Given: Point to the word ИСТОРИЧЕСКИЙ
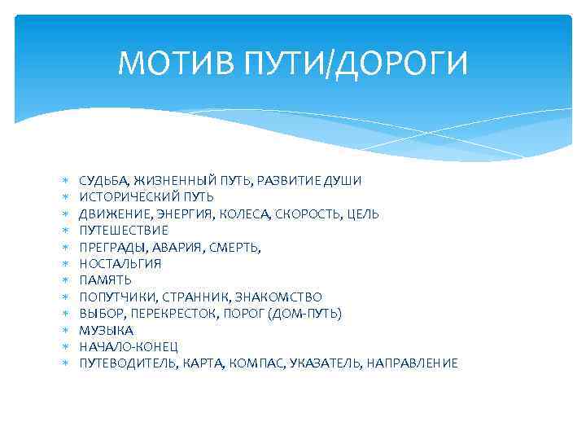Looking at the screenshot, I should (121, 197).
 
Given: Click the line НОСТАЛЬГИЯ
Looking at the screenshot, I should (120, 264).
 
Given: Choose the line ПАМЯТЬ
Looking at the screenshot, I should (105, 280).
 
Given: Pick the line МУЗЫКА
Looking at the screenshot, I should (106, 330).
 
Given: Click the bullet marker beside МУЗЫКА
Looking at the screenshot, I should (64, 330).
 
